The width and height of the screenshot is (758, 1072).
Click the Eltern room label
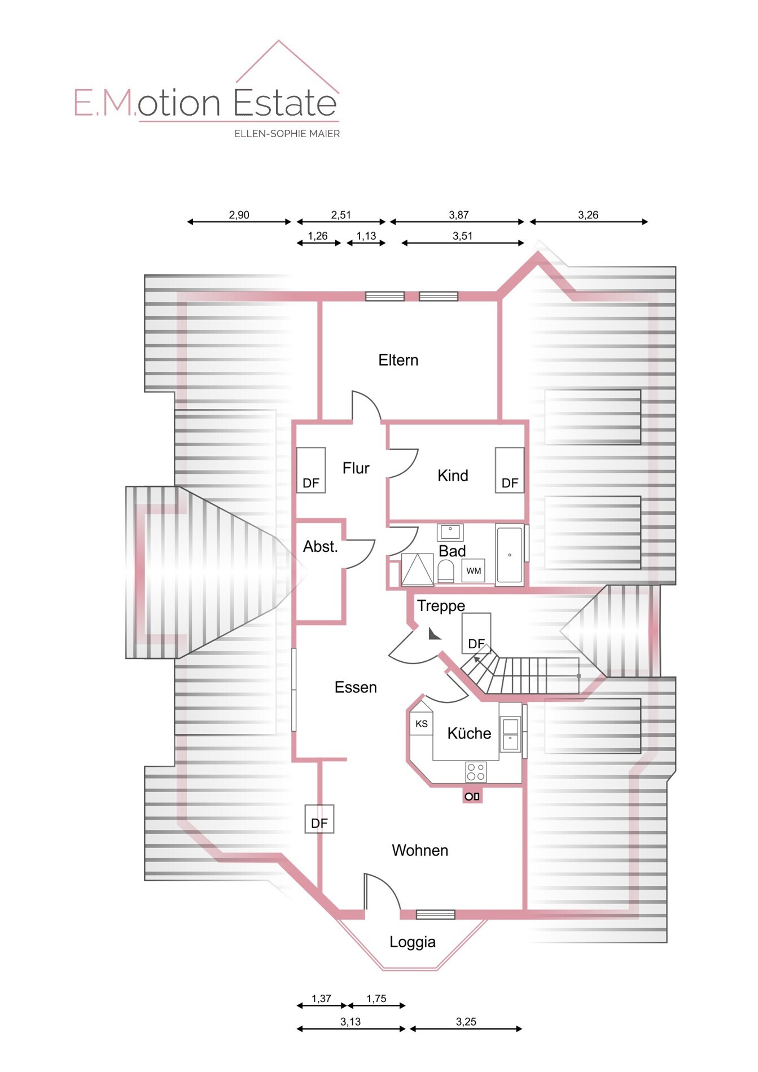click(x=398, y=360)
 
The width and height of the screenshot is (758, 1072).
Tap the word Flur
click(x=356, y=468)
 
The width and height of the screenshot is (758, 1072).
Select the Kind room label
click(x=453, y=476)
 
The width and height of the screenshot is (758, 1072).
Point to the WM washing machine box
click(x=474, y=570)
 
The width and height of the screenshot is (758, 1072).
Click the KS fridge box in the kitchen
click(x=421, y=723)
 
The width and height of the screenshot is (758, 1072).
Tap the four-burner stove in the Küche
click(x=476, y=772)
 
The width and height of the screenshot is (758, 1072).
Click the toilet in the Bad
click(x=446, y=571)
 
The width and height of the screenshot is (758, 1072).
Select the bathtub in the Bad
click(x=509, y=555)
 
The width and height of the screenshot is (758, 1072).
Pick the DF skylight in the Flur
click(x=311, y=470)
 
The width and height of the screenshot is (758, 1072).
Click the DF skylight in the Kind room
click(x=510, y=470)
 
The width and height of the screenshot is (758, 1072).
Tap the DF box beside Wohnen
click(x=319, y=819)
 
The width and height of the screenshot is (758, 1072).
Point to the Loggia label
click(x=413, y=942)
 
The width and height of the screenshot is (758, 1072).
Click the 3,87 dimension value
click(x=459, y=214)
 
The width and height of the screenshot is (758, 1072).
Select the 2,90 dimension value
click(x=239, y=214)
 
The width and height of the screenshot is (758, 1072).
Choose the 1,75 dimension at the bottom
click(x=376, y=998)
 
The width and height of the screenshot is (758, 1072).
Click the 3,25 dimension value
click(x=466, y=1021)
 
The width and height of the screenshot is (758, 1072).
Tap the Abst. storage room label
click(x=320, y=546)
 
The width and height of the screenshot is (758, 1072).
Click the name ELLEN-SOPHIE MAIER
click(x=287, y=134)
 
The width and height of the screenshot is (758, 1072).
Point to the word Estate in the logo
click(x=285, y=103)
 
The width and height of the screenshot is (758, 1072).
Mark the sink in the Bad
click(x=450, y=532)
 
